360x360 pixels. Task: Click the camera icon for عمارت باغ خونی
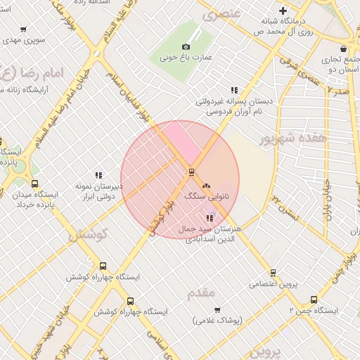(x=186, y=46)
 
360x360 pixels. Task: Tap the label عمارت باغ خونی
(x=186, y=58)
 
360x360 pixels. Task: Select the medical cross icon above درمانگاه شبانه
(x=283, y=11)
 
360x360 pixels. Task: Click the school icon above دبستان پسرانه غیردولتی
(x=234, y=90)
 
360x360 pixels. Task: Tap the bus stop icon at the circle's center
(x=191, y=172)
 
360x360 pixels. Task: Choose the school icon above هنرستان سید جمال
(x=209, y=218)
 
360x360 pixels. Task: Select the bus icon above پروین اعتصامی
(x=273, y=273)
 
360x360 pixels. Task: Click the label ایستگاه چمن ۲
(x=313, y=310)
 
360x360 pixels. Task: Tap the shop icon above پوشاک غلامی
(x=217, y=309)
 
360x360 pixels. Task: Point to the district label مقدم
(x=201, y=293)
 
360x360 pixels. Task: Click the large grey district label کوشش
(x=88, y=236)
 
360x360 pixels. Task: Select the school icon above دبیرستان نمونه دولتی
(x=98, y=175)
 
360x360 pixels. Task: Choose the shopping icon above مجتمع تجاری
(x=342, y=49)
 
